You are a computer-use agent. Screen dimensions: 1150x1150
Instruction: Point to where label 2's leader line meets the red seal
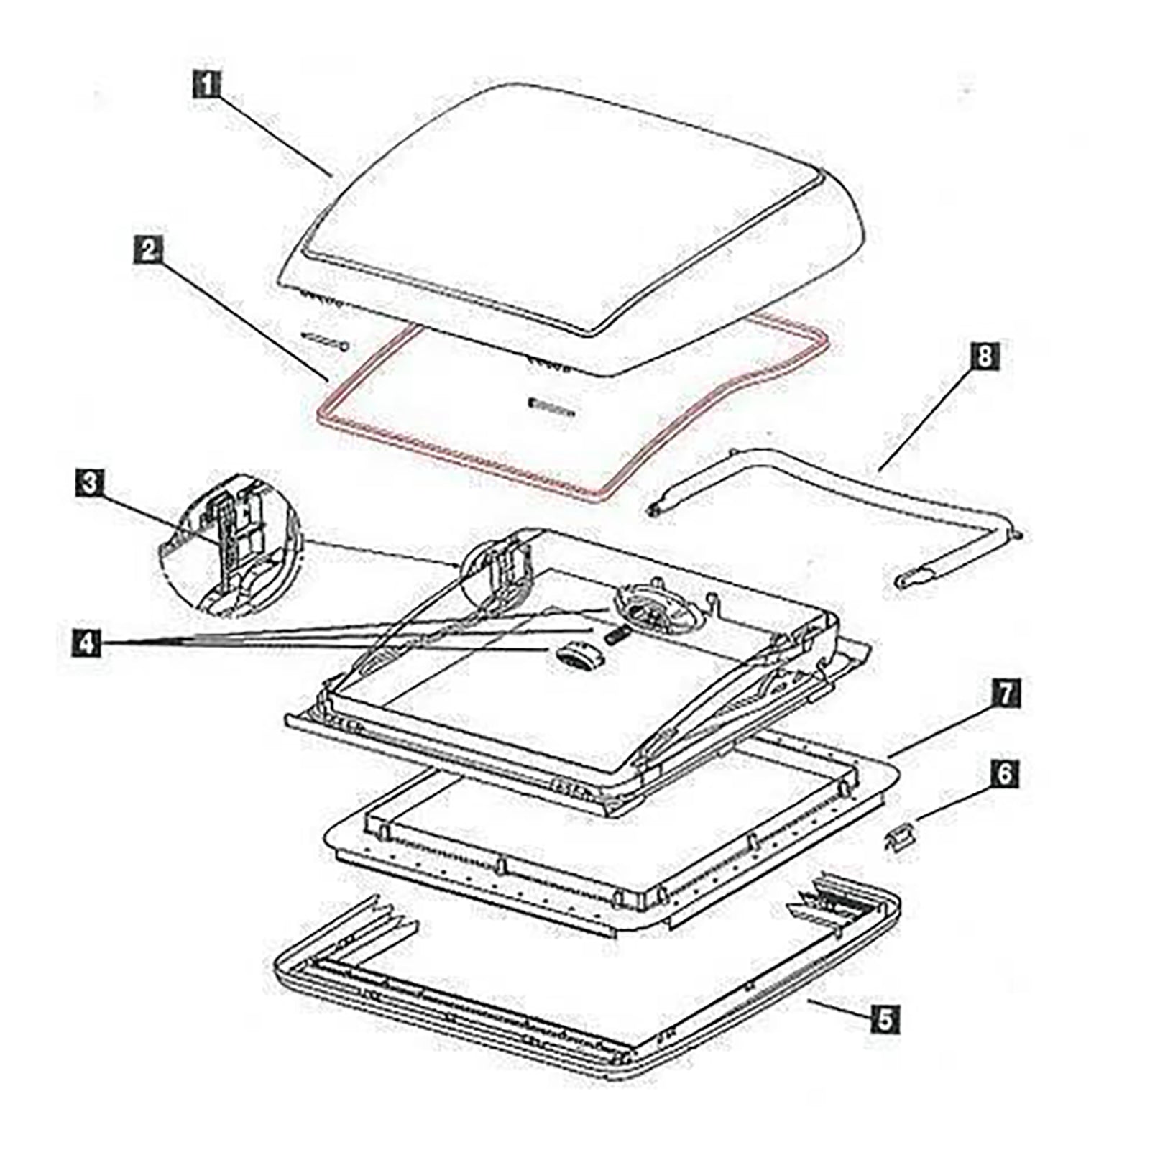(328, 379)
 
